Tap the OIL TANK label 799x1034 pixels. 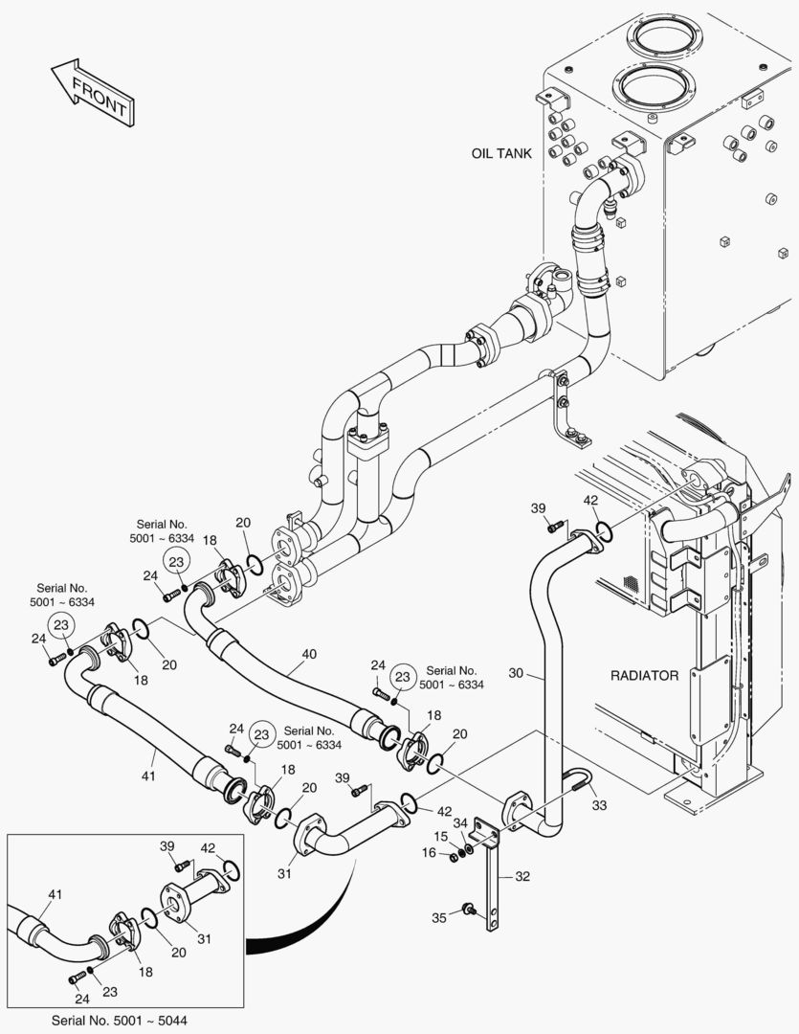[x=501, y=153]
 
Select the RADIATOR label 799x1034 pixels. [x=644, y=676]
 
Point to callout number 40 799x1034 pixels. [x=308, y=654]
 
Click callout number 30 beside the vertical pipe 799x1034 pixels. [x=516, y=673]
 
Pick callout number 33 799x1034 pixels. [x=599, y=805]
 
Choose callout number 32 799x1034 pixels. [x=522, y=876]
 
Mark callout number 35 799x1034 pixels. [x=439, y=918]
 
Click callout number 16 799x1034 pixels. [x=430, y=853]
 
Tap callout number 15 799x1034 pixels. [x=440, y=837]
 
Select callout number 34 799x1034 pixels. [x=460, y=823]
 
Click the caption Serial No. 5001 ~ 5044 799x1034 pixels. [x=124, y=1021]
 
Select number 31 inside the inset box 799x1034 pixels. [x=205, y=938]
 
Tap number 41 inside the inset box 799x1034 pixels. [x=55, y=895]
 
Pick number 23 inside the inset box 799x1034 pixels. [x=110, y=992]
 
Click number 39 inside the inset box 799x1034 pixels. [x=167, y=846]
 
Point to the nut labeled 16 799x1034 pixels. [x=455, y=857]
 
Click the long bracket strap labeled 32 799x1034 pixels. [x=492, y=877]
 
